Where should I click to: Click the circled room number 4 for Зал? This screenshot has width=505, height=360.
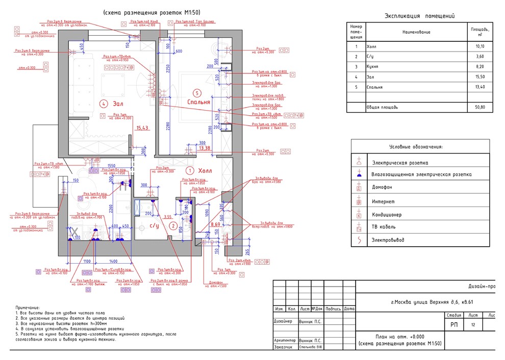tap(104, 104)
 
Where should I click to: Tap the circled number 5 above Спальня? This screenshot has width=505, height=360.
tap(197, 93)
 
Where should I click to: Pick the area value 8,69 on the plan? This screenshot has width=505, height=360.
tap(215, 223)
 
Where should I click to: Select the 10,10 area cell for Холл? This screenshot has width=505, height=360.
tap(479, 46)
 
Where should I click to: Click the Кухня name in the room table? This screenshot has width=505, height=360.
tap(373, 67)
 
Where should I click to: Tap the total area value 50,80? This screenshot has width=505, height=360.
tap(479, 108)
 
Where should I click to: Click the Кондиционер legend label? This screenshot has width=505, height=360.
tap(387, 214)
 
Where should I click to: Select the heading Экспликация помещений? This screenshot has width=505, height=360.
tap(419, 16)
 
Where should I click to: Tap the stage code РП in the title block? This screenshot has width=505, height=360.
tap(453, 324)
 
